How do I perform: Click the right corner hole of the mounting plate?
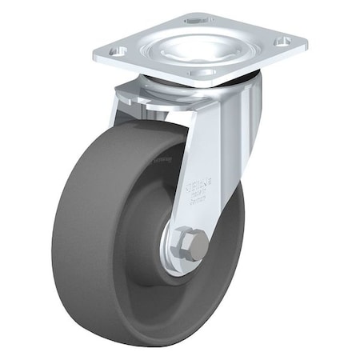point(283,40)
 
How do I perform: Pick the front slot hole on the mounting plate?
point(206,72)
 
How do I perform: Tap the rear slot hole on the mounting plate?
point(192,18)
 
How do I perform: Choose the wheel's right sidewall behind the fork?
point(228,240)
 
